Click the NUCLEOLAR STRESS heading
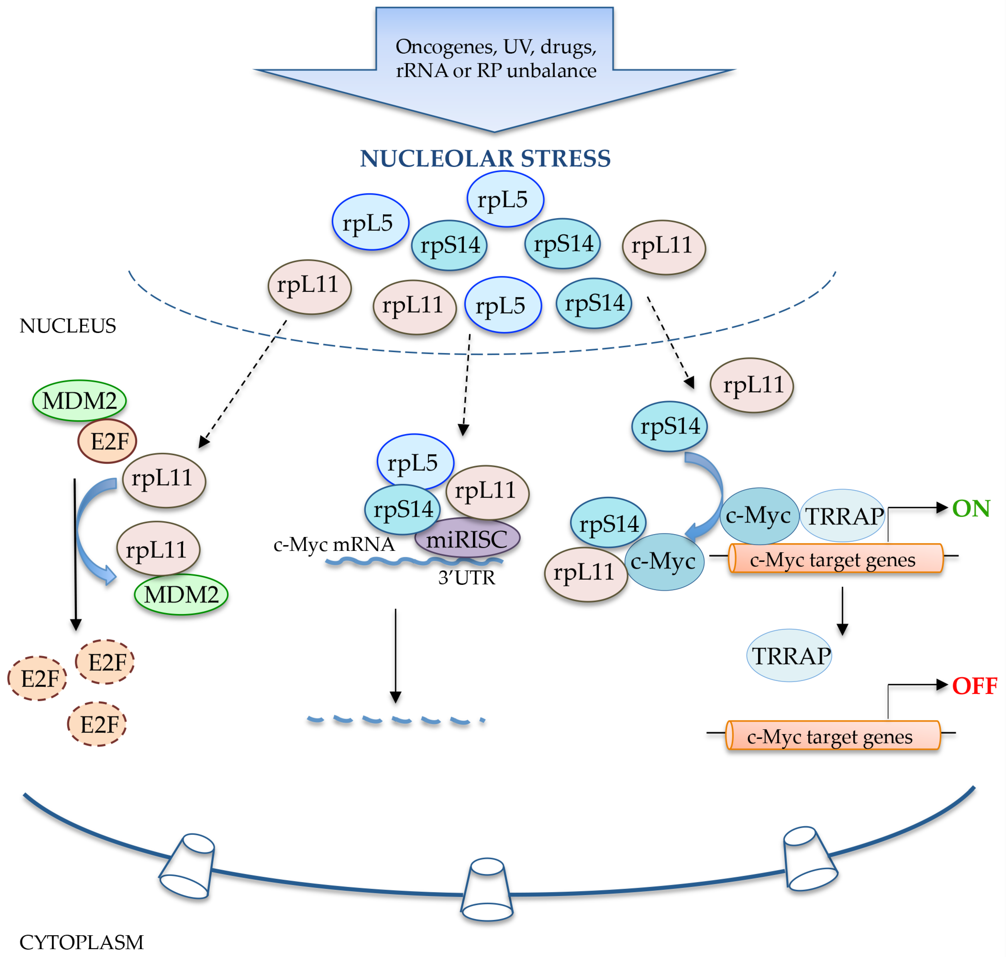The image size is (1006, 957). (x=485, y=159)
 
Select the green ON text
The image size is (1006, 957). (x=971, y=509)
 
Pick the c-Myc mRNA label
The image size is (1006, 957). (x=334, y=545)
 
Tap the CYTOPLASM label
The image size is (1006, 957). (x=82, y=942)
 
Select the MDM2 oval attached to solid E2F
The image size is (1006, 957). (x=79, y=400)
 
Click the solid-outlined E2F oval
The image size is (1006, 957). (x=107, y=441)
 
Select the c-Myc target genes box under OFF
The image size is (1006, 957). (x=833, y=736)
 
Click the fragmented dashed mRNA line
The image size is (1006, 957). (x=395, y=720)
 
